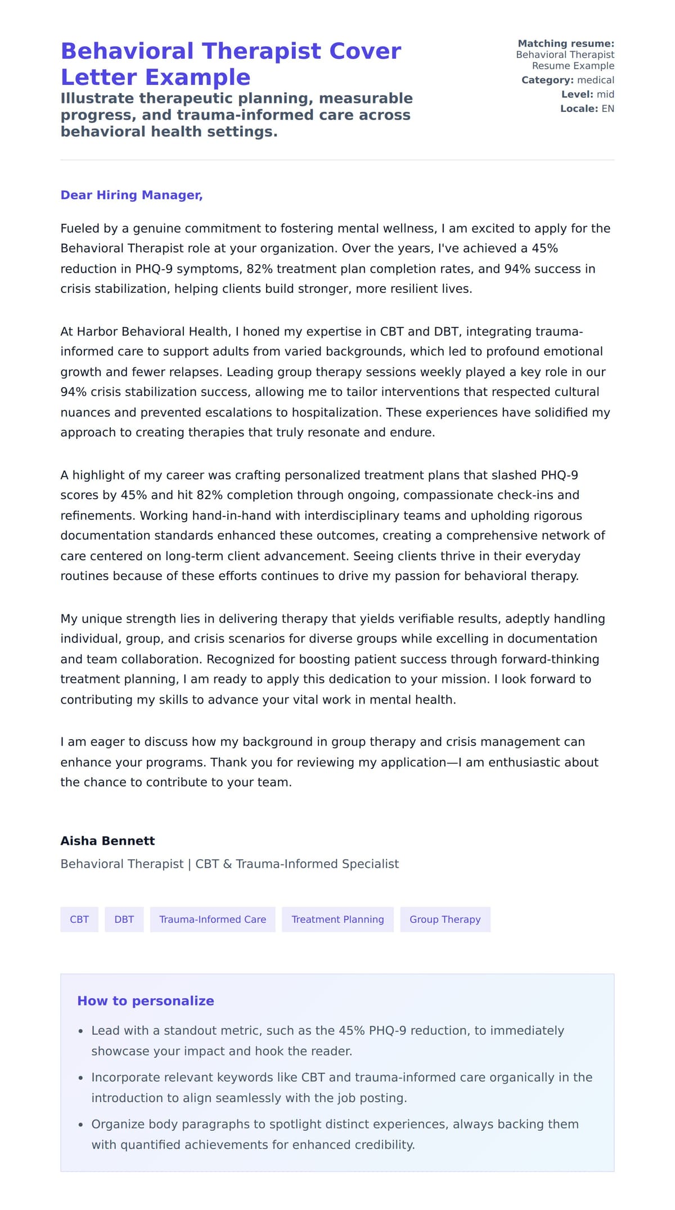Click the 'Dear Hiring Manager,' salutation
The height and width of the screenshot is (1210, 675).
[131, 195]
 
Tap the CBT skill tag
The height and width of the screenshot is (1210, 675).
[79, 919]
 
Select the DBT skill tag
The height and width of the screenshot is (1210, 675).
[124, 919]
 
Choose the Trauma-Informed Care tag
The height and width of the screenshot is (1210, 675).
[213, 919]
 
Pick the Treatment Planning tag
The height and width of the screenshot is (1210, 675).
[337, 919]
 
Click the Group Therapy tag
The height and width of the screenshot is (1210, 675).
[445, 919]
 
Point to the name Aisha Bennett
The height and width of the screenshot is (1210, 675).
[107, 841]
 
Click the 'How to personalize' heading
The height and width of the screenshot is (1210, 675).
[146, 1001]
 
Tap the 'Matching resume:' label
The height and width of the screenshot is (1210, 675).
[566, 43]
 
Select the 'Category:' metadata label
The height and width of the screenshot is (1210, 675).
[547, 80]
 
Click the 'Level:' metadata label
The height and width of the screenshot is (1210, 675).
[577, 94]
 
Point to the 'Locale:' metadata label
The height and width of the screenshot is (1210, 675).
[579, 108]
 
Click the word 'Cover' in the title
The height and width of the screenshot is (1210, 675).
[365, 51]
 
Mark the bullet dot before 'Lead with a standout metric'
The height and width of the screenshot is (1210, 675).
[81, 1031]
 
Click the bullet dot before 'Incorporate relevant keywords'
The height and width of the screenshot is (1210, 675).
[81, 1078]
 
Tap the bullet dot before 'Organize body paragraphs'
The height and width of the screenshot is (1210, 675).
[81, 1125]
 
